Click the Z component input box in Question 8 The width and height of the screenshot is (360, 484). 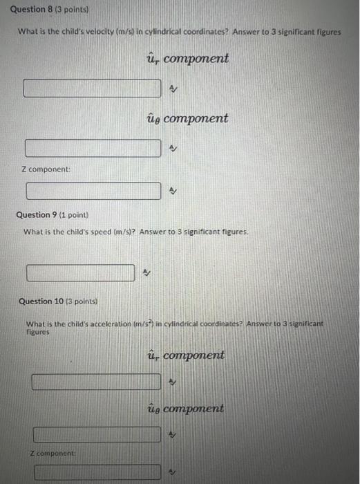pos(94,190)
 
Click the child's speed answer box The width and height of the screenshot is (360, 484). pos(80,273)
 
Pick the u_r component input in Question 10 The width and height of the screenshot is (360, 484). pos(96,381)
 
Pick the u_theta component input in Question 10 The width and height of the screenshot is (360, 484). pos(96,434)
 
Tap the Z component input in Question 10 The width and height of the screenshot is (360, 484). pos(96,474)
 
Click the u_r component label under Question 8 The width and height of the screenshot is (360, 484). pos(187,59)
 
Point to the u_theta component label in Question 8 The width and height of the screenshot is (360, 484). pos(187,118)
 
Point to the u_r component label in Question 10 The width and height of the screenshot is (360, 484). pos(186,355)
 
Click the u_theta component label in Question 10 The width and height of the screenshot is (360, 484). pos(186,408)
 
